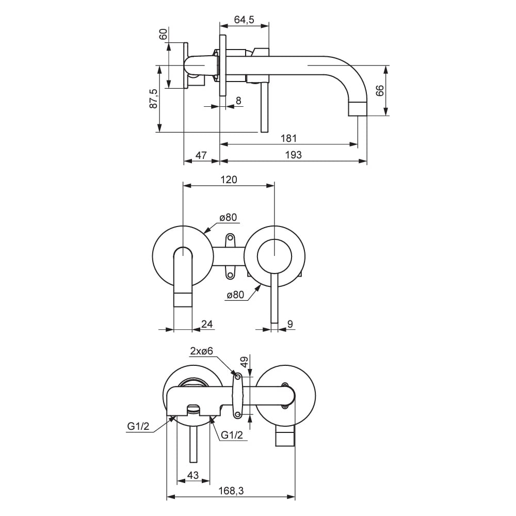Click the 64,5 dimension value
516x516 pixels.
[244, 20]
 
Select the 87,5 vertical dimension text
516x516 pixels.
[153, 99]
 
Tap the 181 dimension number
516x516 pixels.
[288, 138]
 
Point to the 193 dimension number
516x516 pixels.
[293, 155]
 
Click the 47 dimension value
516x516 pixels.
[201, 155]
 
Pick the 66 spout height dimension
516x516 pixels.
[379, 90]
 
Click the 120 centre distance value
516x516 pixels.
[229, 180]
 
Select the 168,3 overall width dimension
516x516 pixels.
[231, 491]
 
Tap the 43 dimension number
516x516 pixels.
[193, 475]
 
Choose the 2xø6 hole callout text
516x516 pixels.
[201, 351]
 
